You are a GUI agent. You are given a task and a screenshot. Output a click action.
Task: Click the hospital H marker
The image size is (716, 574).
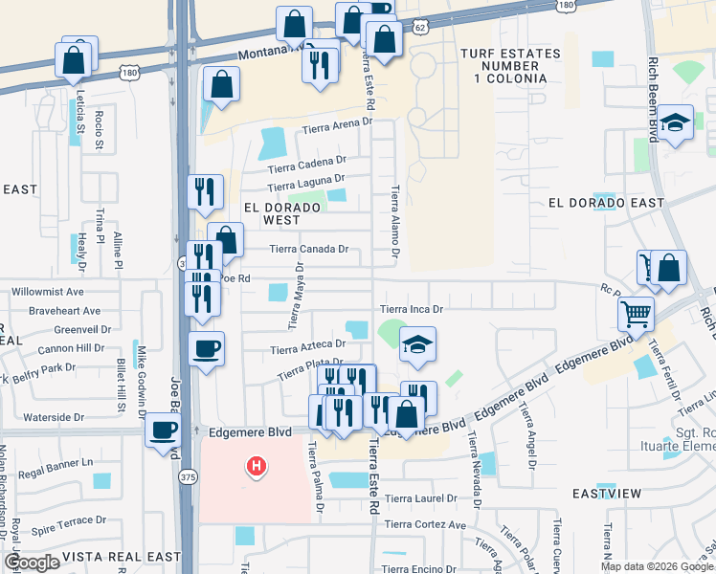[256, 467]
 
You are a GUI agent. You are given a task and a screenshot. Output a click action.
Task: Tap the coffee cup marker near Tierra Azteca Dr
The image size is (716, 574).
[206, 348]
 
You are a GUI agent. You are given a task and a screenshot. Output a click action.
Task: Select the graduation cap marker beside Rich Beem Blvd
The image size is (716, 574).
[676, 122]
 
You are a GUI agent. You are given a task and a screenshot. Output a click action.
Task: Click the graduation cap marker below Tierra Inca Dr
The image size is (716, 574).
[417, 343]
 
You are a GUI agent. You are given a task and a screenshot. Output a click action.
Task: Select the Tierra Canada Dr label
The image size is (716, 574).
[308, 249]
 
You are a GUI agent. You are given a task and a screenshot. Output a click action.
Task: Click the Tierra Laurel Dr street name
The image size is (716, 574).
[421, 498]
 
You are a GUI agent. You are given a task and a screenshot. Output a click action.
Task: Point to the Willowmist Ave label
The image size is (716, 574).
[48, 292]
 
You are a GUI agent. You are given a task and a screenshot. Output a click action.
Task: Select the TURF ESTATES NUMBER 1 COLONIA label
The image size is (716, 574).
[503, 65]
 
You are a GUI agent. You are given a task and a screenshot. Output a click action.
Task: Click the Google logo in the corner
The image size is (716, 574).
[33, 562]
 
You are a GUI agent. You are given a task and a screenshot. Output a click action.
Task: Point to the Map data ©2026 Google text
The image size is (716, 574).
[656, 566]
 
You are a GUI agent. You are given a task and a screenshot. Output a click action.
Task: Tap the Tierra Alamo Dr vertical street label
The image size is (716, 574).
[393, 225]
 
